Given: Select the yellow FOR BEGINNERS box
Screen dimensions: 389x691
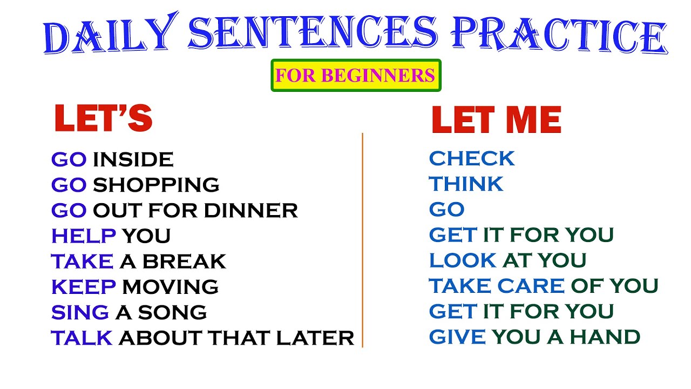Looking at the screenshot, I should [x=355, y=75].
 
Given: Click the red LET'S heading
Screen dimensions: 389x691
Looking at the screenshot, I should [x=103, y=119].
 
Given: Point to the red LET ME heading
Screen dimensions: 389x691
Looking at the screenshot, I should [x=496, y=120].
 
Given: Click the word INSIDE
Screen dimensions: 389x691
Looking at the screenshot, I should [x=133, y=159].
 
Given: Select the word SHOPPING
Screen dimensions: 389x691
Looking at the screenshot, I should [x=156, y=185].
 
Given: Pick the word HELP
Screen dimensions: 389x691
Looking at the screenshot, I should [x=84, y=236].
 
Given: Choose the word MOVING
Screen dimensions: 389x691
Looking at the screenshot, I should [x=170, y=287].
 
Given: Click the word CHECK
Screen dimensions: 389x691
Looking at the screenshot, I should [x=472, y=159].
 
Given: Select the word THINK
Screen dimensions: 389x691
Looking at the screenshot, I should [x=466, y=184].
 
